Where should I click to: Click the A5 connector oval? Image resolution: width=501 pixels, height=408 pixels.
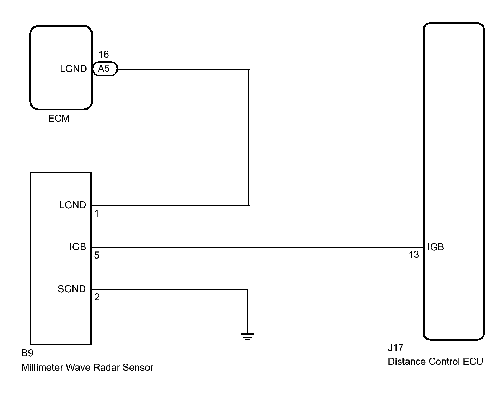coord(105,69)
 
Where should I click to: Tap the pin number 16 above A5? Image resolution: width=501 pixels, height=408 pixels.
coord(103,54)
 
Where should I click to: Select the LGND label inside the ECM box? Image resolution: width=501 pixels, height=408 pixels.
coord(73,69)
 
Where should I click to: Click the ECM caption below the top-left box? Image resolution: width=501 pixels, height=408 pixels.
coord(58,118)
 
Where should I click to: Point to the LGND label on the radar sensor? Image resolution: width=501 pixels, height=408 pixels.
coord(73,205)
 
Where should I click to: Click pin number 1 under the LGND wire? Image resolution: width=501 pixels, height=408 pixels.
coord(96,213)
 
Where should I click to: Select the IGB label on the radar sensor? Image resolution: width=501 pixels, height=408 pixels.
coord(78,247)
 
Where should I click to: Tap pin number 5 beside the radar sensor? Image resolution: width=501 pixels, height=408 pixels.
coord(96,255)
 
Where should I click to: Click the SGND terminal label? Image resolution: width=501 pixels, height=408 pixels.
coord(72,289)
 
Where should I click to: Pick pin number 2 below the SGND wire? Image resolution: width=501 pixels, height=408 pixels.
coord(97,297)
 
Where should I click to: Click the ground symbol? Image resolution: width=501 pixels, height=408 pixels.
coord(247,337)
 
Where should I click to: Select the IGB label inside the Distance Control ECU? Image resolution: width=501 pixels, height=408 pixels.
coord(436,247)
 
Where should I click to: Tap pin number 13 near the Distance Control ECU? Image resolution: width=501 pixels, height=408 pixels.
coord(414,255)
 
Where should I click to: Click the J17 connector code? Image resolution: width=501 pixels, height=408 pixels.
coord(395,348)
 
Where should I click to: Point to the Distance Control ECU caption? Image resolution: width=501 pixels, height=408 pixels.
coord(435,362)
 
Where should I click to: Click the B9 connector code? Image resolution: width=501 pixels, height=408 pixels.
coord(27,353)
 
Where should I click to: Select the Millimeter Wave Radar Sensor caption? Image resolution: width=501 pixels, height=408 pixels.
coord(87,367)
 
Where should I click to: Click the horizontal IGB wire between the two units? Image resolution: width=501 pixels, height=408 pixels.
coord(257,247)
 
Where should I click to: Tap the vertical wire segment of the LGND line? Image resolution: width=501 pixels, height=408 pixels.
coord(249,137)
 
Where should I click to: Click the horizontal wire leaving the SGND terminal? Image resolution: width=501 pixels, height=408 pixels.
coord(170,289)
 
